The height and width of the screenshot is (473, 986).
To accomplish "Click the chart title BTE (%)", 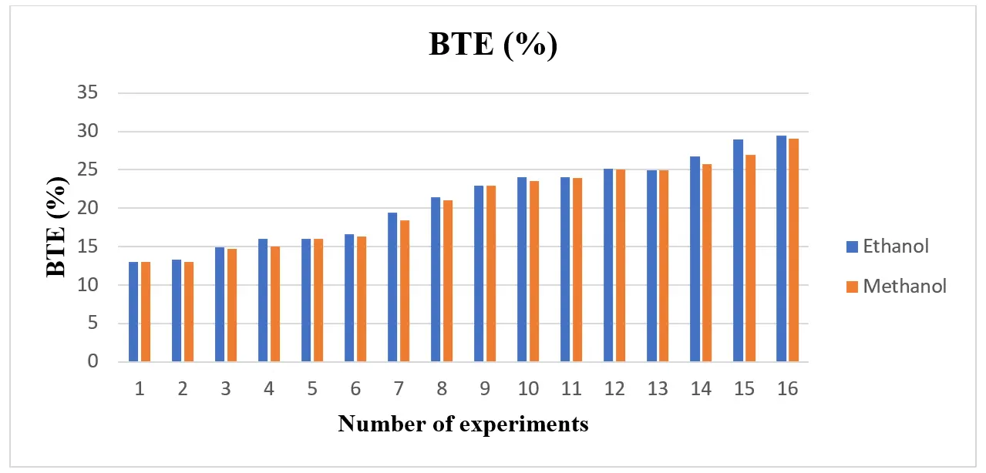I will pyautogui.click(x=493, y=45).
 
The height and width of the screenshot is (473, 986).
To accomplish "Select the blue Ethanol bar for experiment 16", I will pyautogui.click(x=781, y=249).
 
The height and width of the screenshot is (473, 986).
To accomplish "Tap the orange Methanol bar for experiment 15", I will pyautogui.click(x=750, y=258).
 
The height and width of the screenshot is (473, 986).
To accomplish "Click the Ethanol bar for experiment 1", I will pyautogui.click(x=133, y=312).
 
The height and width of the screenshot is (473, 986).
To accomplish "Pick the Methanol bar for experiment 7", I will pyautogui.click(x=405, y=291).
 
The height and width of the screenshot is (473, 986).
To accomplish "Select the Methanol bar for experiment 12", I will pyautogui.click(x=621, y=266).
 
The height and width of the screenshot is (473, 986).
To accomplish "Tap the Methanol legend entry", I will pyautogui.click(x=904, y=287).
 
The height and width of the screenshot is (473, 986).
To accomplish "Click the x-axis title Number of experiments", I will pyautogui.click(x=463, y=424).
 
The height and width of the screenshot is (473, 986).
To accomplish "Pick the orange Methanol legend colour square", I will pyautogui.click(x=852, y=287).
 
